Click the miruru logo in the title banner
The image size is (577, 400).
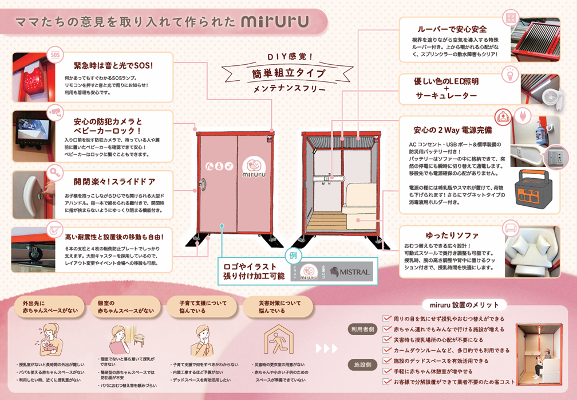[275, 21]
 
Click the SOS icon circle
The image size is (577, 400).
[56, 55]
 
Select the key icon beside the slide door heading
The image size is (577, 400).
[56, 172]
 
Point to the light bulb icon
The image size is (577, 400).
[508, 74]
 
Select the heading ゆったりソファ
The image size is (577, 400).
[452, 236]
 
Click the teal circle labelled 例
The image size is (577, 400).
[292, 254]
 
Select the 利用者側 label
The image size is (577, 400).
[363, 330]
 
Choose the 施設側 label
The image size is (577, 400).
[363, 364]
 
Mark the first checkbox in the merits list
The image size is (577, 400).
[386, 319]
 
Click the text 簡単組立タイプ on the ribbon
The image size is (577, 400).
[288, 73]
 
